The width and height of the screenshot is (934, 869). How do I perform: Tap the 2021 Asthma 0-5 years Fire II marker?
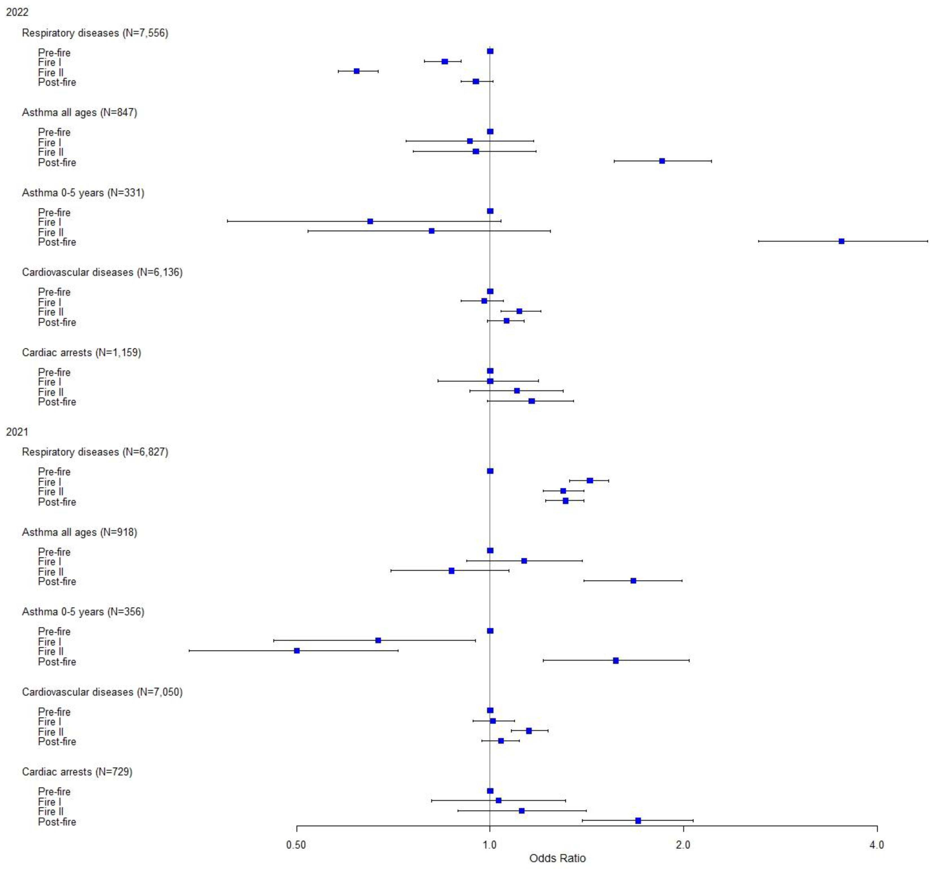pos(297,651)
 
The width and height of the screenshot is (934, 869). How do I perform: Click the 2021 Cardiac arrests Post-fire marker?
pos(638,821)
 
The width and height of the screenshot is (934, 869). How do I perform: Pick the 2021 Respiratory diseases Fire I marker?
pos(590,480)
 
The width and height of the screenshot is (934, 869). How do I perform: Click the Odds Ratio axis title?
pos(557,859)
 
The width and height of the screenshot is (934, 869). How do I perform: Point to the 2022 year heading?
pos(17,12)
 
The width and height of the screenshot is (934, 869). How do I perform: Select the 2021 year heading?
pos(17,432)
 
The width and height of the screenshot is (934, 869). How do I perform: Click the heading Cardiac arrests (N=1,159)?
pos(81,352)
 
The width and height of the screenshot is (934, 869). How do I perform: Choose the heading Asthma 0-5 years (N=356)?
pos(83,612)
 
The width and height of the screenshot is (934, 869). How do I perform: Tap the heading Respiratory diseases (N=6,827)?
pos(95,452)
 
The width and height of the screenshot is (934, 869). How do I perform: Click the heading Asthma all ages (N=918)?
pos(79,532)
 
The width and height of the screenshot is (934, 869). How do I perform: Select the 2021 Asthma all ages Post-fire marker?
pos(633,581)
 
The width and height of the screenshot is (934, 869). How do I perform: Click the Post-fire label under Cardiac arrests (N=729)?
pos(57,822)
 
